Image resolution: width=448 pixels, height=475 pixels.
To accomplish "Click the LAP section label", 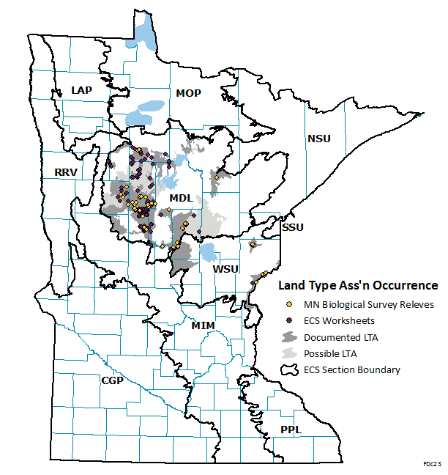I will coord(82,90).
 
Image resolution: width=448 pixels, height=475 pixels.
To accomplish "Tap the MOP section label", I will coord(188,93).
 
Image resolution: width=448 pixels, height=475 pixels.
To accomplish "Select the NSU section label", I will coord(319,139).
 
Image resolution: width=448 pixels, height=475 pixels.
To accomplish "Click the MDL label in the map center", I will coord(181,199).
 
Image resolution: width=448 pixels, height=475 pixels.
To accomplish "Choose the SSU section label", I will coord(292,229).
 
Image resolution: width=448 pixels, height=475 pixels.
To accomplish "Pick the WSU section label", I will coord(225,269).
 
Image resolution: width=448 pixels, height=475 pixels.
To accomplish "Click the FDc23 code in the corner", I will coord(432,465).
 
